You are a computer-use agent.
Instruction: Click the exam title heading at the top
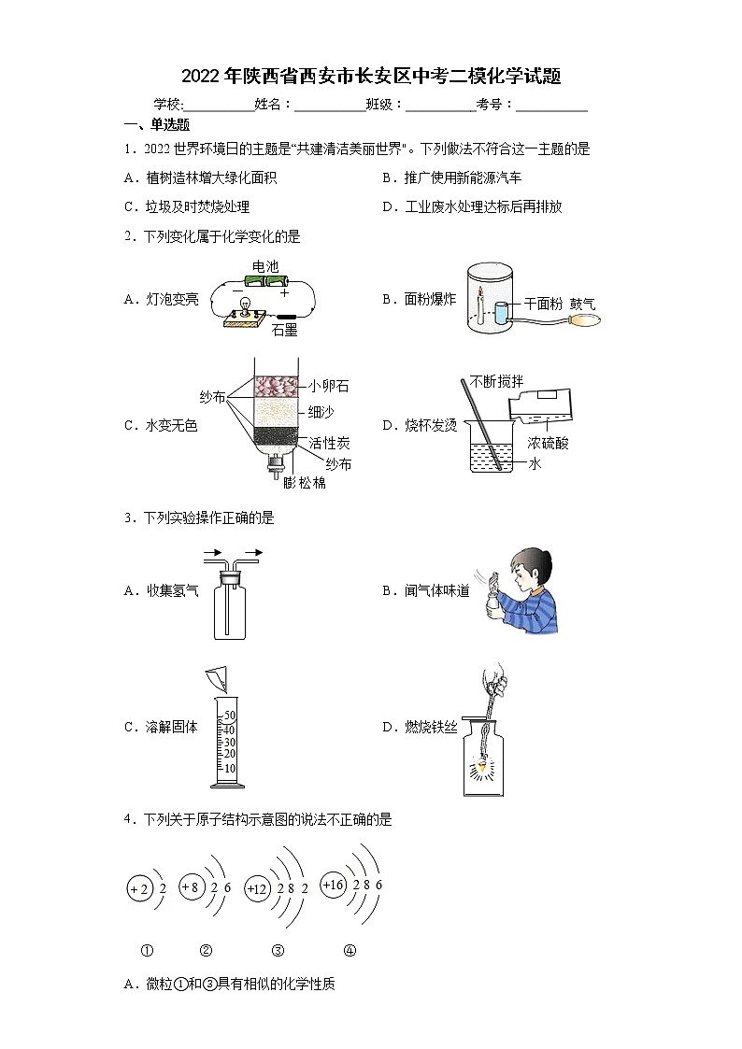point(371,77)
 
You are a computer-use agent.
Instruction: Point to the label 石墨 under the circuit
point(284,330)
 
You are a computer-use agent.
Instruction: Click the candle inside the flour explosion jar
point(480,305)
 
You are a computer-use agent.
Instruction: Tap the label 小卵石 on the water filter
point(328,386)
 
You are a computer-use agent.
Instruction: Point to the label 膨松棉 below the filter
point(305,483)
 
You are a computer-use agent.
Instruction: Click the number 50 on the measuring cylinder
point(229,716)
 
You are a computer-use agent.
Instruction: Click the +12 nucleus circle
point(256,888)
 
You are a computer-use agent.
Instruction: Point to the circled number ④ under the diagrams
point(350,951)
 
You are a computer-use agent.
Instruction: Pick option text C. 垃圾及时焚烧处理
point(186,207)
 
